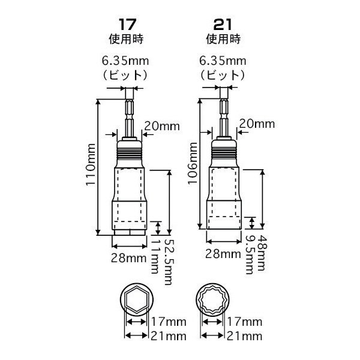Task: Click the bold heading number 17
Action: [x=127, y=25]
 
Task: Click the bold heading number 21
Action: [x=223, y=25]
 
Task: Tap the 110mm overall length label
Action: [x=91, y=164]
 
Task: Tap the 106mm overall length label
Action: [x=193, y=163]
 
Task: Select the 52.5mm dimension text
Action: [x=168, y=262]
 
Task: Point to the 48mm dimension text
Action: [x=262, y=253]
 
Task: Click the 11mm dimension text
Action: [x=155, y=256]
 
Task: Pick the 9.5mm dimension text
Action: [x=250, y=254]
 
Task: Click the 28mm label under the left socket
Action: [x=129, y=258]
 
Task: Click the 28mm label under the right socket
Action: [x=223, y=254]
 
